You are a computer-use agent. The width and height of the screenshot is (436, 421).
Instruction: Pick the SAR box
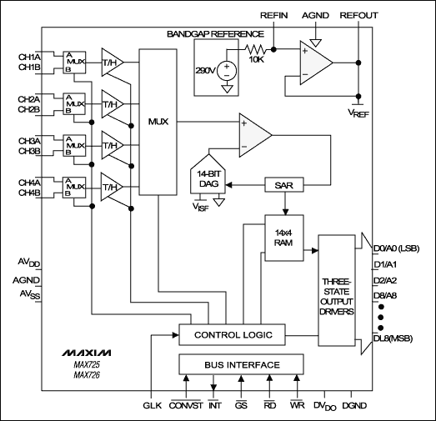pyautogui.click(x=283, y=185)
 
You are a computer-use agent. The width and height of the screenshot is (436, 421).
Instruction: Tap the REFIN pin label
pyautogui.click(x=274, y=16)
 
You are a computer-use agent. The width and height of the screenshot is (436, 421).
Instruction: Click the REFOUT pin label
pyautogui.click(x=358, y=16)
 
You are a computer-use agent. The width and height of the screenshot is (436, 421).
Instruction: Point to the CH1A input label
pyautogui.click(x=30, y=56)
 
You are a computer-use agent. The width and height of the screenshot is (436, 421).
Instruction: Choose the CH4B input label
pyautogui.click(x=30, y=194)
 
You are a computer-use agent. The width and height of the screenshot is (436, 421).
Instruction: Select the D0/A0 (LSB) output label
pyautogui.click(x=397, y=248)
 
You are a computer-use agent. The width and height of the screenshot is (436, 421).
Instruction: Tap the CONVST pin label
pyautogui.click(x=185, y=407)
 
